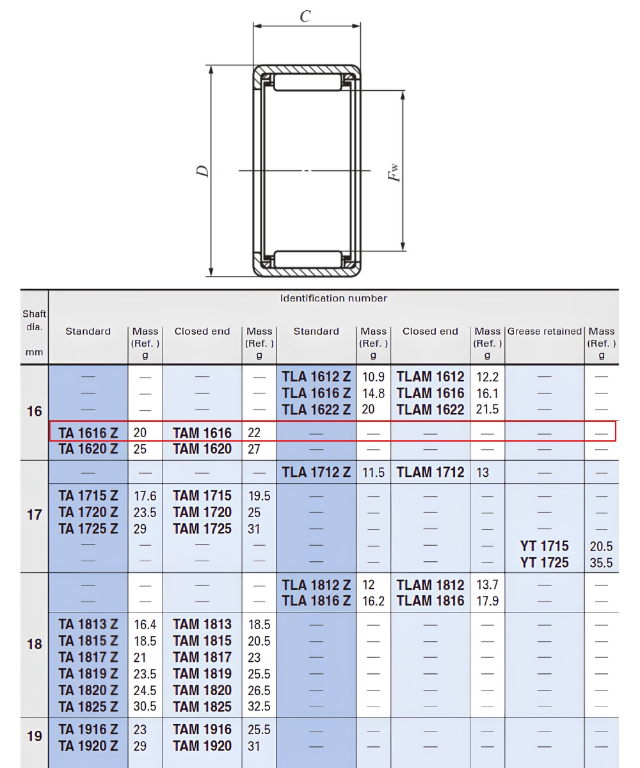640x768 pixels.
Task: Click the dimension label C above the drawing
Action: [x=305, y=16]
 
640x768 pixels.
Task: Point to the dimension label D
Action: [x=203, y=171]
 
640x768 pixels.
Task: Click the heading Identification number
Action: [x=333, y=298]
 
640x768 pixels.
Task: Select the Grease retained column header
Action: [x=545, y=331]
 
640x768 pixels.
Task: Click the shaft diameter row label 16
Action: [x=34, y=412]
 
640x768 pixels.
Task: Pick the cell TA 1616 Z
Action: [x=88, y=433]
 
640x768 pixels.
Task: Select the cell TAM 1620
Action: [x=202, y=449]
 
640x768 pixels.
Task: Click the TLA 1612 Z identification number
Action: [x=316, y=377]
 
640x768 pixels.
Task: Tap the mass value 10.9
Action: [x=373, y=377]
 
